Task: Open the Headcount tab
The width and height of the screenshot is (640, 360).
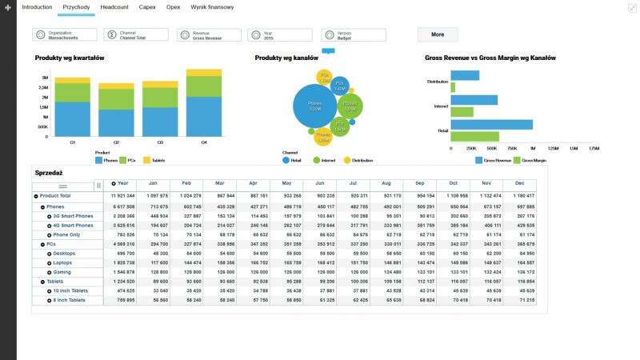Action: pyautogui.click(x=114, y=6)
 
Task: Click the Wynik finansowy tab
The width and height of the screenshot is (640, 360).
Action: pyautogui.click(x=212, y=6)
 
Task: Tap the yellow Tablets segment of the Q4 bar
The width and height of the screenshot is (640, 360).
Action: pyautogui.click(x=204, y=72)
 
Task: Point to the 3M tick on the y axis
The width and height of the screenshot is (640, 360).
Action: pyautogui.click(x=45, y=78)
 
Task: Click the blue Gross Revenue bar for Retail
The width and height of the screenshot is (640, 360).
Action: pyautogui.click(x=491, y=124)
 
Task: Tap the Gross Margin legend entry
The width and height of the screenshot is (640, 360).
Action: pyautogui.click(x=532, y=160)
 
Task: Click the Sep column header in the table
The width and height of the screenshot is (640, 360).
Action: pyautogui.click(x=419, y=184)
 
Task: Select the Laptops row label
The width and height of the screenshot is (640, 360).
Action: pyautogui.click(x=63, y=262)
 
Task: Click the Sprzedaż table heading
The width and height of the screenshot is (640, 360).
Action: pyautogui.click(x=49, y=172)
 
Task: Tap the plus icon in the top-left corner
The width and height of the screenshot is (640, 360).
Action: pyautogui.click(x=7, y=6)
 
